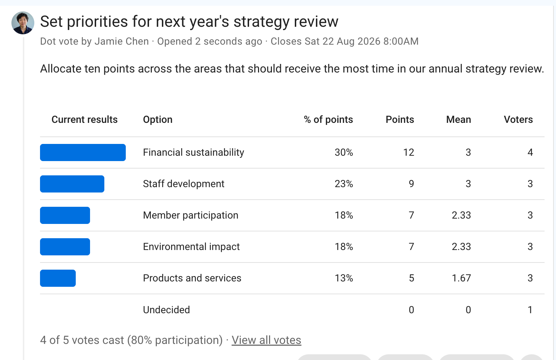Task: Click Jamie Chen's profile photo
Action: coord(23,23)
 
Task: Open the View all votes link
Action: coord(266,340)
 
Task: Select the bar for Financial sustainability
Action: coord(83,152)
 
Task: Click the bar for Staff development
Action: coord(72,184)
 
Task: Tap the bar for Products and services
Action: coord(58,278)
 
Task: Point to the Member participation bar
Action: coord(65,215)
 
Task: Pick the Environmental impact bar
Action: coord(65,247)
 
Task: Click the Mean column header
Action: coord(458,120)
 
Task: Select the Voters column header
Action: coord(518,120)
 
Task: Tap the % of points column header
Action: coord(328,120)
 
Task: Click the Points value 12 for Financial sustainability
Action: coord(408,152)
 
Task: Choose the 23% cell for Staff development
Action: coord(344,184)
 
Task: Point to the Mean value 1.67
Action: coord(461,278)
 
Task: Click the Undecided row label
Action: coord(166,310)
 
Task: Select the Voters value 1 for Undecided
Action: coord(530,310)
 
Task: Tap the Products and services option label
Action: coord(192,278)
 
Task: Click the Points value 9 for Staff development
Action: coord(411,184)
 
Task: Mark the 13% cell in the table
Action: coord(344,278)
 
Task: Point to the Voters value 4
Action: coord(530,152)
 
